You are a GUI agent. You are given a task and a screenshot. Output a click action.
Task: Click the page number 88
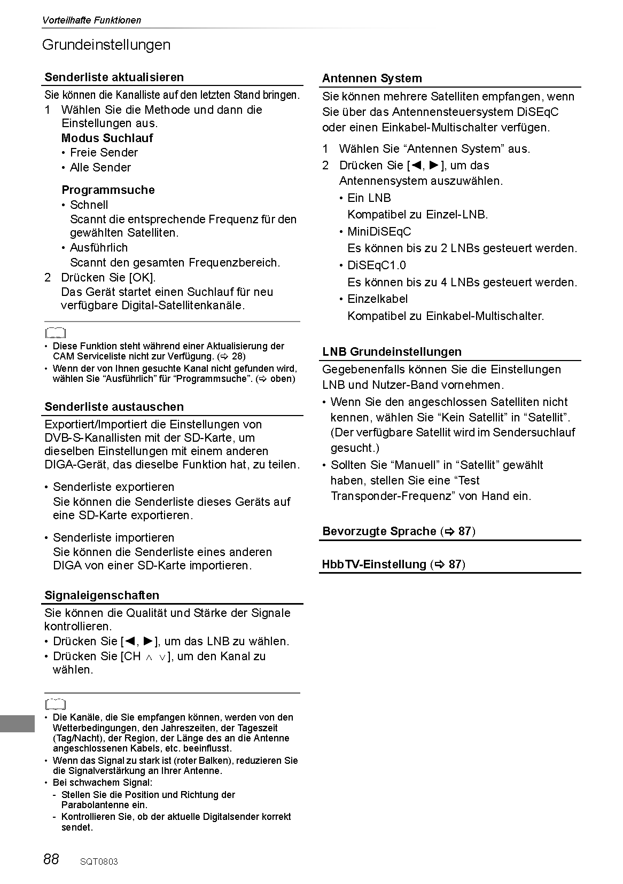(51, 859)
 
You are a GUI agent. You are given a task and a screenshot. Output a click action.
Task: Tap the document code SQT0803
(99, 861)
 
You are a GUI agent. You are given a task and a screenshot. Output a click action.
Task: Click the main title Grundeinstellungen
(106, 45)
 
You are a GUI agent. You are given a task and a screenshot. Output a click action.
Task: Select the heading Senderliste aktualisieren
(114, 77)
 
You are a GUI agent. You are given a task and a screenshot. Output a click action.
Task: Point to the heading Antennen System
(372, 79)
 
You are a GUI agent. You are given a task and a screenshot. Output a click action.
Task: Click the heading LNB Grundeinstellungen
(392, 352)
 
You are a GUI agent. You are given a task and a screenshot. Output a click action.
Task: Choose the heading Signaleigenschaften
(102, 596)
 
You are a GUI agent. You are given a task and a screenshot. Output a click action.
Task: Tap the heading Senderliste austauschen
(114, 407)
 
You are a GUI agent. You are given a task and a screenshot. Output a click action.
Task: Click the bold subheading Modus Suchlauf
(107, 138)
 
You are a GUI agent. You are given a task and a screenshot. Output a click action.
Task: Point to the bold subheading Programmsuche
(108, 190)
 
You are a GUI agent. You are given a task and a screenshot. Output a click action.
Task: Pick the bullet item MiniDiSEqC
(379, 232)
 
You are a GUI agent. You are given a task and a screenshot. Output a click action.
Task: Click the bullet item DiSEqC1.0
(376, 265)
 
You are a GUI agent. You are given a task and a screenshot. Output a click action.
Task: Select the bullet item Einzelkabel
(377, 299)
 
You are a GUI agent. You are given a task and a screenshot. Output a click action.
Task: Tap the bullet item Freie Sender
(104, 153)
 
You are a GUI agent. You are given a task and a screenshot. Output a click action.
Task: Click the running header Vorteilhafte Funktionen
(91, 20)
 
